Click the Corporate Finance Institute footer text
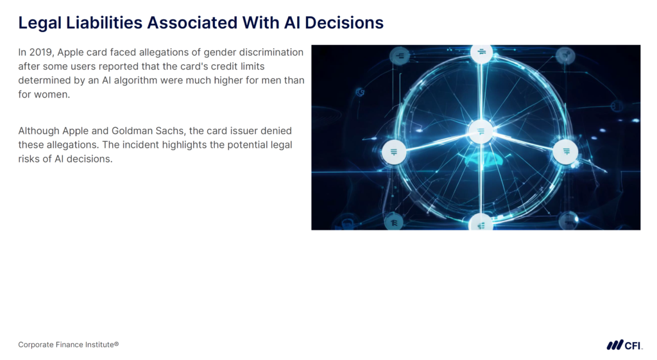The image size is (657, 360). [x=69, y=345]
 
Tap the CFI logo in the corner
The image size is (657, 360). [x=624, y=345]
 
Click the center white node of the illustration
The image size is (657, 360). [x=480, y=132]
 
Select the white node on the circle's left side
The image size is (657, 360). [x=394, y=152]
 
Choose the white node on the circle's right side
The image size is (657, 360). [x=566, y=151]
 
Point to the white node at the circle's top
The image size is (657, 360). [x=481, y=53]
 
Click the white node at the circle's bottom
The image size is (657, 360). [x=481, y=224]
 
